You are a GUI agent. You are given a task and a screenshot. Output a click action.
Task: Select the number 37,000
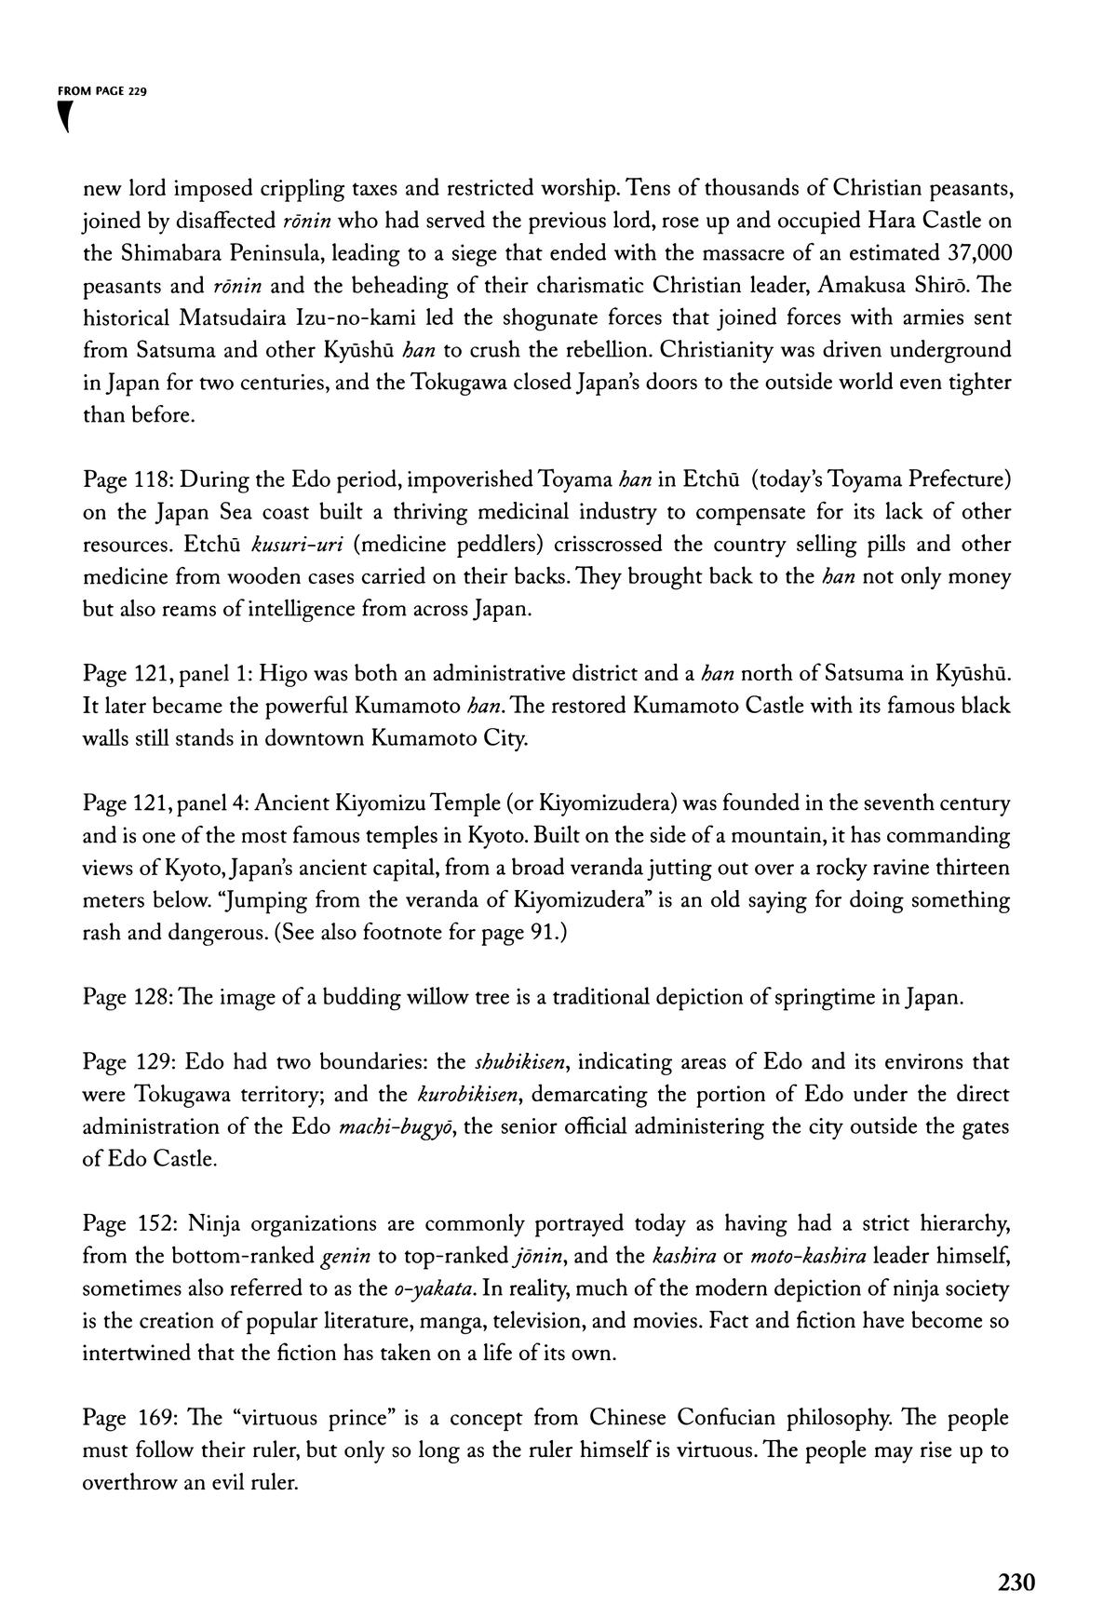pyautogui.click(x=978, y=253)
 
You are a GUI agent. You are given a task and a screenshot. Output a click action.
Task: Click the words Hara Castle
pyautogui.click(x=927, y=221)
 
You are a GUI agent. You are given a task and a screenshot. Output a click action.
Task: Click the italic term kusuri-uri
pyautogui.click(x=286, y=544)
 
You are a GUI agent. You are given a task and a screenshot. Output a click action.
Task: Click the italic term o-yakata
pyautogui.click(x=436, y=1288)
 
